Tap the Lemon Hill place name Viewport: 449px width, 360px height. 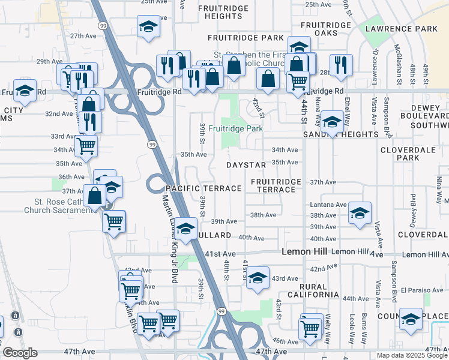pyautogui.click(x=304, y=252)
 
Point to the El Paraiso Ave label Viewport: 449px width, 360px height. pyautogui.click(x=423, y=290)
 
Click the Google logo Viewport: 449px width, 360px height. pyautogui.click(x=20, y=353)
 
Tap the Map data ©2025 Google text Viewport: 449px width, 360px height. pyautogui.click(x=412, y=355)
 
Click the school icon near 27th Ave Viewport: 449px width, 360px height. pyautogui.click(x=148, y=26)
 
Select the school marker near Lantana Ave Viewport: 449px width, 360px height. pyautogui.click(x=360, y=213)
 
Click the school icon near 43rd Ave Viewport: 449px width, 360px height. pyautogui.click(x=258, y=277)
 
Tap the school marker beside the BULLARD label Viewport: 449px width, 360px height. pyautogui.click(x=186, y=229)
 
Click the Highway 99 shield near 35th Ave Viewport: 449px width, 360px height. pyautogui.click(x=152, y=145)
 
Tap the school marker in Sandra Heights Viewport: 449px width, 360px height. pyautogui.click(x=331, y=122)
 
